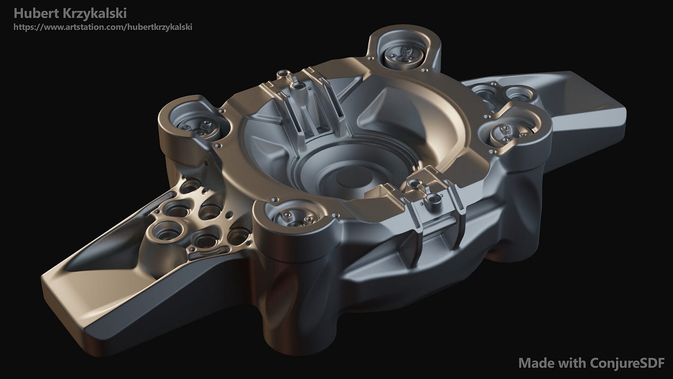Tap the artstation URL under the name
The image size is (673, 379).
(103, 27)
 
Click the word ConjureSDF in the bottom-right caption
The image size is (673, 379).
(627, 363)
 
